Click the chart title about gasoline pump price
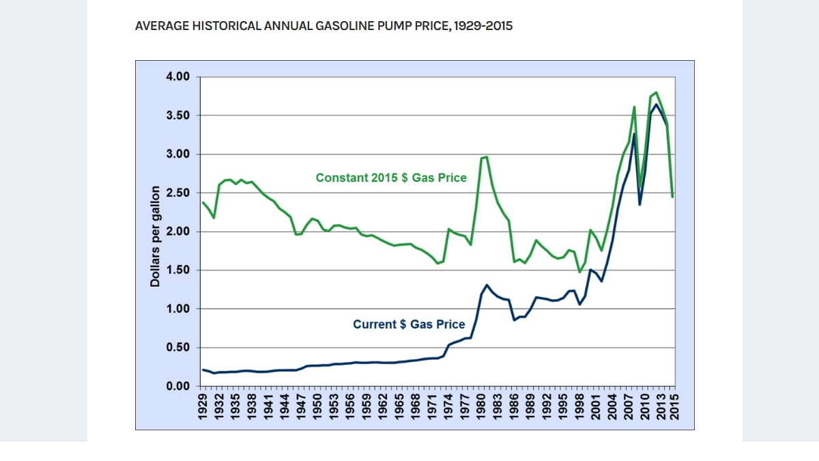pyautogui.click(x=324, y=27)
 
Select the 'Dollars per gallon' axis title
pyautogui.click(x=155, y=236)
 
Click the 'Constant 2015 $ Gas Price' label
pyautogui.click(x=391, y=178)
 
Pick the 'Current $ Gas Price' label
pyautogui.click(x=409, y=324)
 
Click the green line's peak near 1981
pyautogui.click(x=486, y=157)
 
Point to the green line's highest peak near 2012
pyautogui.click(x=656, y=92)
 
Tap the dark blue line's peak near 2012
pyautogui.click(x=657, y=104)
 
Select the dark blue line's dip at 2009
pyautogui.click(x=640, y=204)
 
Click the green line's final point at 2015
pyautogui.click(x=673, y=197)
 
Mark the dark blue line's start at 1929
pyautogui.click(x=203, y=369)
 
